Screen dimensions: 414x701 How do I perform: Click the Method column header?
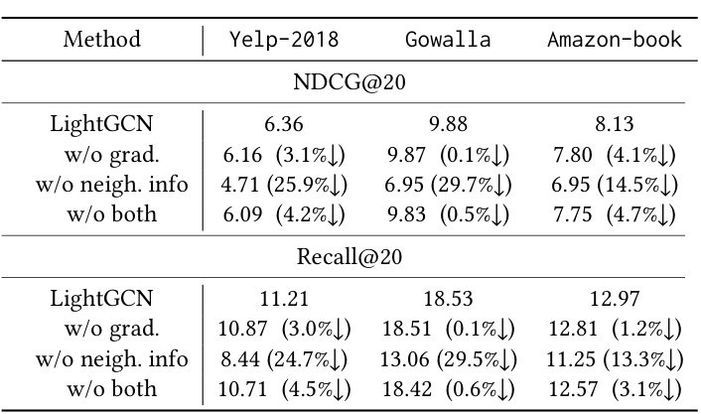(x=102, y=41)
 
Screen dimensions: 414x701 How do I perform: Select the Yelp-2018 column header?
(x=284, y=41)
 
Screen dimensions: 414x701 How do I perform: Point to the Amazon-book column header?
(x=615, y=41)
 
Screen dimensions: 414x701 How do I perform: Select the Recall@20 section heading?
(x=350, y=255)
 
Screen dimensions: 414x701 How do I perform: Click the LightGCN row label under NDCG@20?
(x=102, y=124)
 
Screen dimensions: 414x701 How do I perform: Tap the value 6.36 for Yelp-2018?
(x=284, y=124)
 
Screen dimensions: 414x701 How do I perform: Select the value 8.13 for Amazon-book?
(x=615, y=124)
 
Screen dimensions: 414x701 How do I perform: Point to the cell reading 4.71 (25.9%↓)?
(x=284, y=184)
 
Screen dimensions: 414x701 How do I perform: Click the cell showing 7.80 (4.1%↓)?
(x=615, y=154)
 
